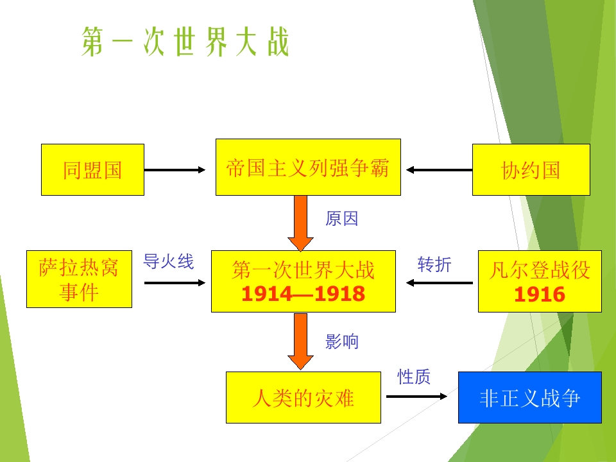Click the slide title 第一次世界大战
(185, 43)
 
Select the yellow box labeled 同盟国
(92, 169)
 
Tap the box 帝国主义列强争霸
(308, 167)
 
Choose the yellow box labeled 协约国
(531, 169)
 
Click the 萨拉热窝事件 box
(79, 280)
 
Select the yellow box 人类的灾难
(303, 398)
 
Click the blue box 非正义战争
(529, 398)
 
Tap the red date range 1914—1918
(303, 294)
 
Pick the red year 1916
(540, 295)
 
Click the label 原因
(341, 219)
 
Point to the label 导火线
(168, 261)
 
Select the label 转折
(434, 264)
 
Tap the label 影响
(341, 342)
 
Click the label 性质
(414, 377)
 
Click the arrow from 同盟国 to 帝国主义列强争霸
(175, 170)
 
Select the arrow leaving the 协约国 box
(440, 170)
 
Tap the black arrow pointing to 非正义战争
(416, 397)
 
